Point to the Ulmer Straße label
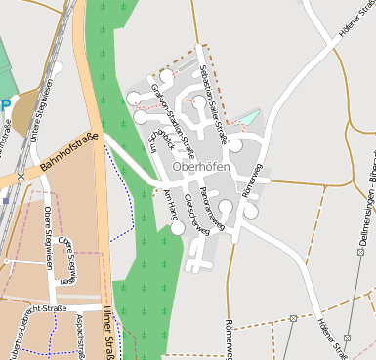(107, 333)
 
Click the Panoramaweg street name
(210, 207)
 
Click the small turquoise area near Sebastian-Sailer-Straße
(250, 118)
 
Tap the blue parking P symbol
(5, 104)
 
